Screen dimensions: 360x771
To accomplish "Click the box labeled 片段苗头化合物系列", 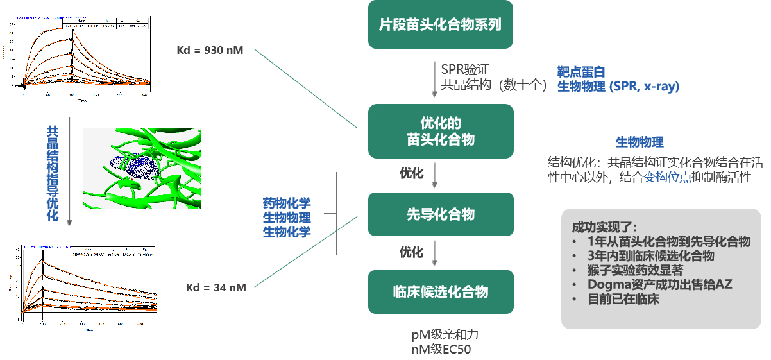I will coord(440,25).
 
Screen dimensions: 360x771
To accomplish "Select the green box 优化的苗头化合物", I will coord(440,131).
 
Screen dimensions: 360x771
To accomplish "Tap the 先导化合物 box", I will coord(440,214).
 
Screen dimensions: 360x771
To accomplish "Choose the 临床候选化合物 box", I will coord(440,292).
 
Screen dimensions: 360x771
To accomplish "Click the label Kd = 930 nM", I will coord(210,50).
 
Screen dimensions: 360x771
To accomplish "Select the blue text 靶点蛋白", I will coord(581,72).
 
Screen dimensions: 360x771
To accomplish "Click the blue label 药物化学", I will coord(287,203).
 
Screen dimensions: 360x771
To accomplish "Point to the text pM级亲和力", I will coord(445,335).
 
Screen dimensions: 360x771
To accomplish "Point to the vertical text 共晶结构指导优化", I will coord(53,173).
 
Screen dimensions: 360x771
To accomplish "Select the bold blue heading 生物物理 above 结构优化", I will coord(640,142).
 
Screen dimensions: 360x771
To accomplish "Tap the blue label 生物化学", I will coord(287,232).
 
